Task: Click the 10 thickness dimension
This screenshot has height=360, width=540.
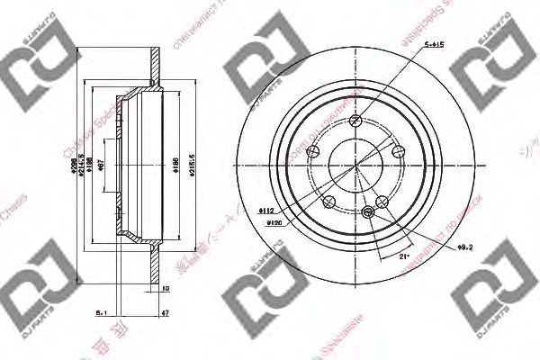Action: point(165,290)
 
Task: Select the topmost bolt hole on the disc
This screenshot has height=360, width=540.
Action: point(356,121)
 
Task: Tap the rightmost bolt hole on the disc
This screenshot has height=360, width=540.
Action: point(396,153)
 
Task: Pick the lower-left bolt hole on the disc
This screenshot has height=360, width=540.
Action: point(328,200)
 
